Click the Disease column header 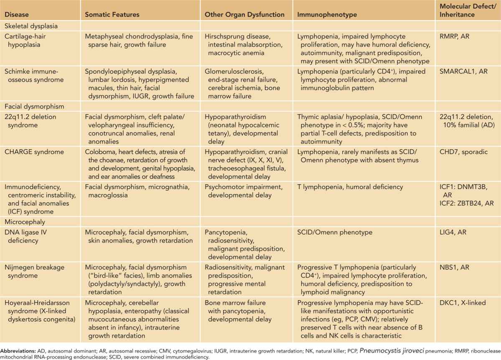coord(17,14)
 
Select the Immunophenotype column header coord(322,14)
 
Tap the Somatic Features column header coord(112,14)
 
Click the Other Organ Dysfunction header coord(244,14)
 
